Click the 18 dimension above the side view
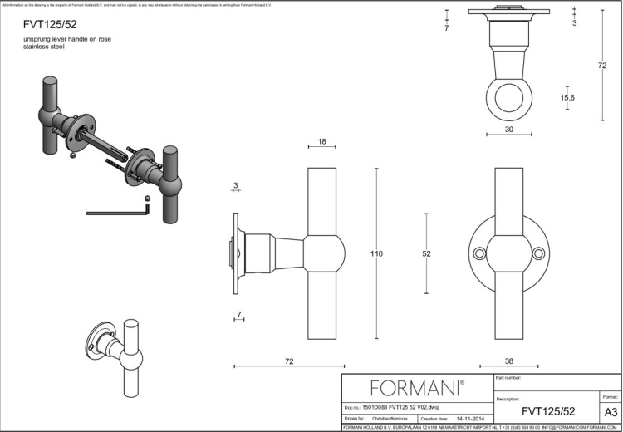(321, 142)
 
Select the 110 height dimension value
(376, 253)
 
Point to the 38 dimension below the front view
(508, 361)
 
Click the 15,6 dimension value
(568, 98)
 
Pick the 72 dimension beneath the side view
(289, 361)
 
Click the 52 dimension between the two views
(426, 253)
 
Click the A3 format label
(610, 411)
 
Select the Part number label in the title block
(508, 378)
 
